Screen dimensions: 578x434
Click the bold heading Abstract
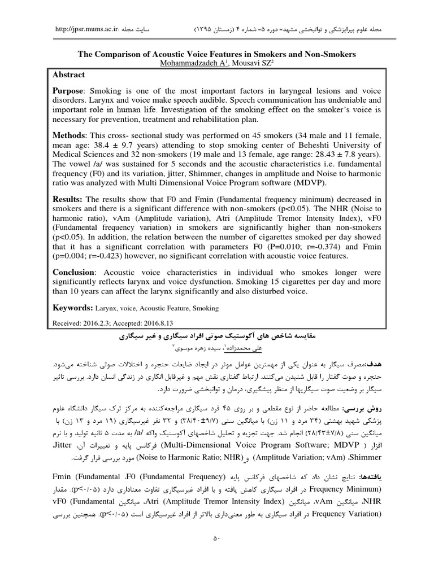coord(69,75)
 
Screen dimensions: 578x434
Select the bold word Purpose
coord(68,91)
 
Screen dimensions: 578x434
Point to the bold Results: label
coord(70,200)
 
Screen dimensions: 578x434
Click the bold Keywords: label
coord(72,308)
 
